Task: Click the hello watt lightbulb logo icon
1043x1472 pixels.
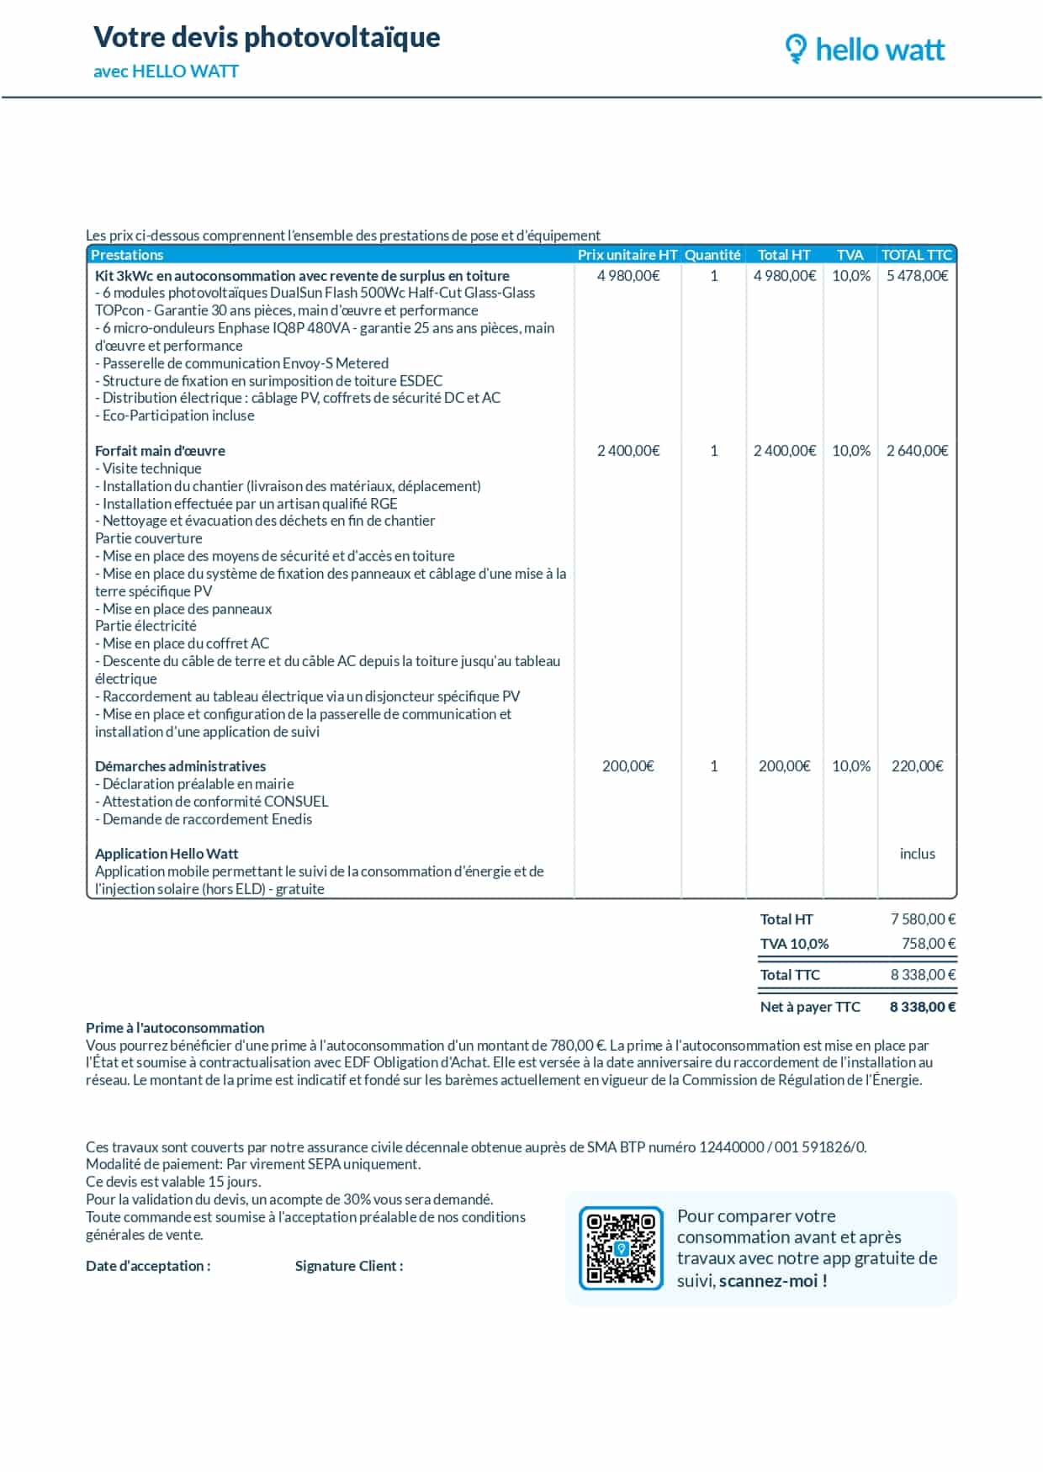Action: click(795, 49)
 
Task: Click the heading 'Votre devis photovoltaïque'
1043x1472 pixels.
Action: click(267, 37)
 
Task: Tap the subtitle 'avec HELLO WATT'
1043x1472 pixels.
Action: click(166, 71)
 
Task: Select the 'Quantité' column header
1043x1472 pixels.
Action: click(712, 255)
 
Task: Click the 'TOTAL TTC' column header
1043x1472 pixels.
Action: click(916, 255)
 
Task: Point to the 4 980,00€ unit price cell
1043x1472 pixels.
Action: click(628, 276)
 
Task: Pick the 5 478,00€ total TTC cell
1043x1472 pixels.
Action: click(917, 276)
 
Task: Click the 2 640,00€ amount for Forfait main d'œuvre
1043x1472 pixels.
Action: click(917, 451)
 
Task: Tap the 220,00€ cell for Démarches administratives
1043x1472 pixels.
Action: click(917, 766)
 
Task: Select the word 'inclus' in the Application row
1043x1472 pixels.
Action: click(917, 854)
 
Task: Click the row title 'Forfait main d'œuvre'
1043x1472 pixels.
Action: click(160, 451)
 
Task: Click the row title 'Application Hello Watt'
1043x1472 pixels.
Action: click(167, 854)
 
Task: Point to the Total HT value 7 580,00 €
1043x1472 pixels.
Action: click(923, 919)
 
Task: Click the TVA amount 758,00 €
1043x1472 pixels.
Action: click(928, 944)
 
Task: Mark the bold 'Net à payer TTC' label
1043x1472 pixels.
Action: click(810, 1007)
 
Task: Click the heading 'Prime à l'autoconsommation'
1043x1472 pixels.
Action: click(175, 1028)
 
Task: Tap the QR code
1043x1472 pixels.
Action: click(621, 1248)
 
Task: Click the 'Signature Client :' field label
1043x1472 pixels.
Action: click(349, 1266)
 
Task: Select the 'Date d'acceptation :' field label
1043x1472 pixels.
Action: click(148, 1266)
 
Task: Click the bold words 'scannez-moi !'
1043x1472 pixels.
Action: click(773, 1281)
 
